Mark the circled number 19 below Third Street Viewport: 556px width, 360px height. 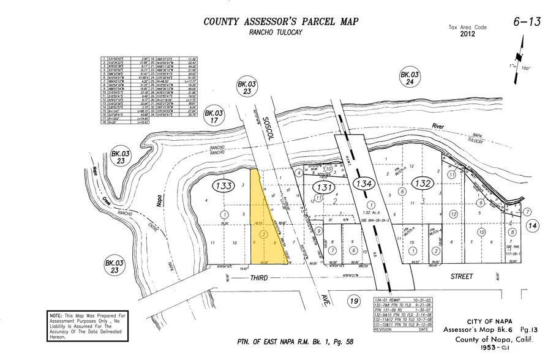pos(353,301)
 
